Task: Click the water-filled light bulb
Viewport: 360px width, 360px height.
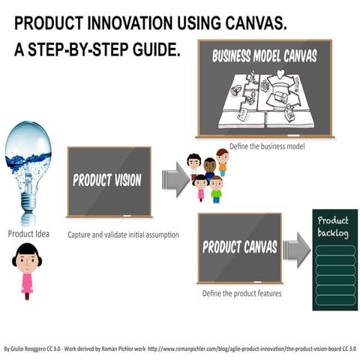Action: (28, 161)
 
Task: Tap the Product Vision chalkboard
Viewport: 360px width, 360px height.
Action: (108, 180)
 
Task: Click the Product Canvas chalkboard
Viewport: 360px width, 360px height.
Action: (239, 247)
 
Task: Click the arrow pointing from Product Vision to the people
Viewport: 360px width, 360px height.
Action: (173, 181)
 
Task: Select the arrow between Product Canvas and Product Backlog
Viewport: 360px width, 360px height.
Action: (297, 249)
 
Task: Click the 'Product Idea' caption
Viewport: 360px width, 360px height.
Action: (28, 233)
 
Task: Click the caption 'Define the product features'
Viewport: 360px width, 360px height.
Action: (242, 293)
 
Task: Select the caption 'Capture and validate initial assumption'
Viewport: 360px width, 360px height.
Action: (122, 234)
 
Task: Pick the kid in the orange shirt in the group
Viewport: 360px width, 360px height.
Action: (223, 161)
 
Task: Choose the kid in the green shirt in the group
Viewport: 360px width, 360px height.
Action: (216, 190)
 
